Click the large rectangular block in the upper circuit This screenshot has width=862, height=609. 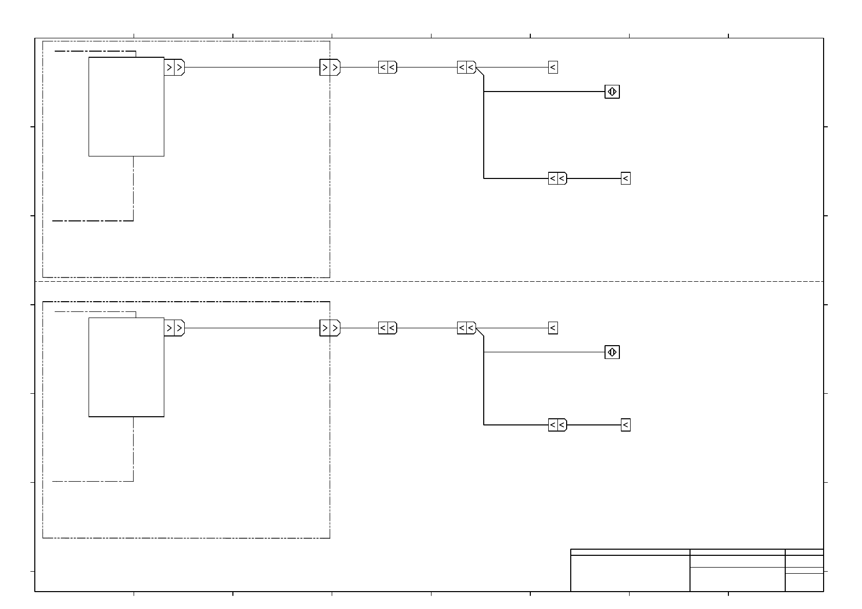(126, 106)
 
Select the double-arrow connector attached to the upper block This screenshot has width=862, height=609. (174, 67)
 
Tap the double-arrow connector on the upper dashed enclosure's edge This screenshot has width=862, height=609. (330, 67)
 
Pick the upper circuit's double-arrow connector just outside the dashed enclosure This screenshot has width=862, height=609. (387, 67)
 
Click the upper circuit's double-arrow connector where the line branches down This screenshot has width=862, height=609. (466, 67)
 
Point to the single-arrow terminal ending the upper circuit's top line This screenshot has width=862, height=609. (553, 67)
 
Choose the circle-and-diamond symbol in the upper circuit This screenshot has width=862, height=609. (612, 92)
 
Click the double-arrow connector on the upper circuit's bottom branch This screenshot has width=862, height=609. (557, 178)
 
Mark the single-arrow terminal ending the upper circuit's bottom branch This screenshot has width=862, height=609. (626, 178)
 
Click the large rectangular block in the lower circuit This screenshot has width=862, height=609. (126, 367)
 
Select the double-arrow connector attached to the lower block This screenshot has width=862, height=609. (174, 328)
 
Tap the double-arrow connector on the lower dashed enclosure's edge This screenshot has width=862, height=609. (330, 328)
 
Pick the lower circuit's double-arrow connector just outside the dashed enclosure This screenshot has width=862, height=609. (387, 328)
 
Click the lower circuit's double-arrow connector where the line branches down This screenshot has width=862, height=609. (466, 328)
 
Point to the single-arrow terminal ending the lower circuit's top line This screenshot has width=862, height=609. (553, 328)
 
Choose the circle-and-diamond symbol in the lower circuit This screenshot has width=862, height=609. (612, 352)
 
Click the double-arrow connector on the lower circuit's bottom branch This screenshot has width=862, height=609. (557, 425)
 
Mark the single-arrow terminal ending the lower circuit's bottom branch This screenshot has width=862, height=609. (626, 425)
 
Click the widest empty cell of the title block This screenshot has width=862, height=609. (630, 573)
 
